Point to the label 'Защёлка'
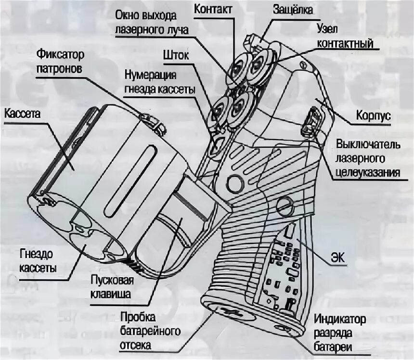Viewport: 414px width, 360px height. (x=293, y=10)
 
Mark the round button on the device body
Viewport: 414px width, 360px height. (x=236, y=182)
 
